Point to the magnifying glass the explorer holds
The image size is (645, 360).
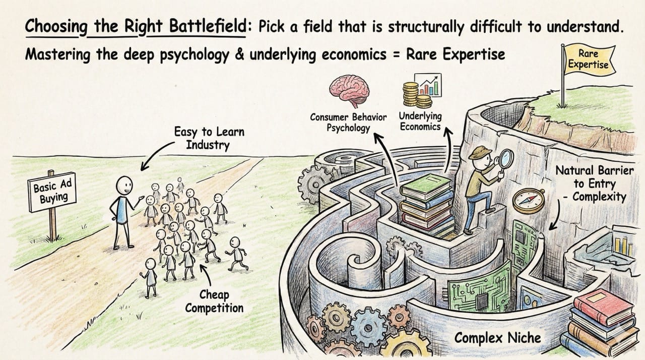(505, 159)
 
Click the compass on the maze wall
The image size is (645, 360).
(528, 201)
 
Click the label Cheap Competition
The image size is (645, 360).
(214, 301)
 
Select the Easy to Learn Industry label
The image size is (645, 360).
(209, 139)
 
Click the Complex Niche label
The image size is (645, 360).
(498, 337)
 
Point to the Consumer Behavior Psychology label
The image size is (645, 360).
(348, 122)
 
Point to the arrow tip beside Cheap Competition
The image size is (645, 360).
(201, 267)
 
